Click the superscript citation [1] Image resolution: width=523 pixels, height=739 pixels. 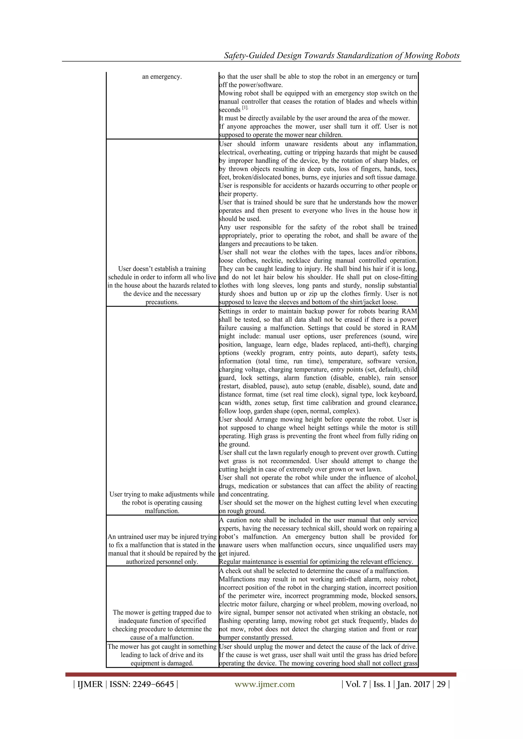(245, 107)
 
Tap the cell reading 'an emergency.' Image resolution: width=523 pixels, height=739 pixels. (162, 77)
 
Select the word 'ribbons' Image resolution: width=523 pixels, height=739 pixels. (406, 252)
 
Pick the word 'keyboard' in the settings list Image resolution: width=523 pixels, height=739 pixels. (404, 394)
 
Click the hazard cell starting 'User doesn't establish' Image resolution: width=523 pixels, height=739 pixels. (162, 285)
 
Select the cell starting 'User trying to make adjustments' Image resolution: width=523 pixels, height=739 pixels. (162, 503)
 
